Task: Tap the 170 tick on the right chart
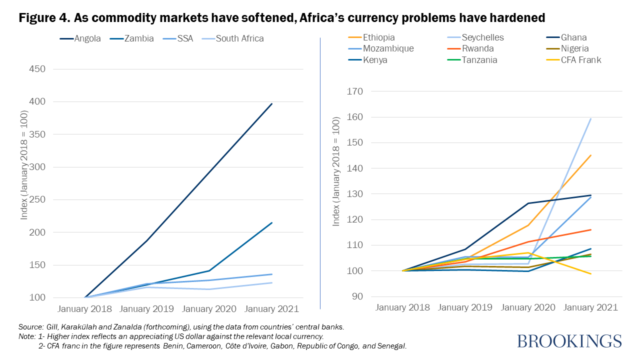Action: [x=357, y=91]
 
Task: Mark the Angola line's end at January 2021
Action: [x=272, y=103]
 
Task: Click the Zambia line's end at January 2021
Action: [x=272, y=222]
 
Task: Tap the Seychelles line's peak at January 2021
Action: [x=591, y=118]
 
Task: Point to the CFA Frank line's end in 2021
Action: [x=591, y=273]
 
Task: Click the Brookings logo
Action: [x=569, y=341]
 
